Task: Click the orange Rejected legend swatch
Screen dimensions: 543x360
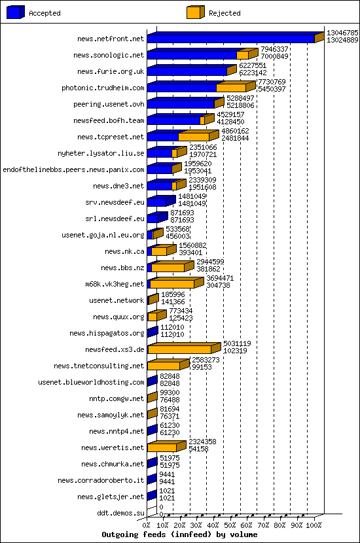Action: coord(194,12)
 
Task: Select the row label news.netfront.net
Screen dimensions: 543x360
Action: coord(110,39)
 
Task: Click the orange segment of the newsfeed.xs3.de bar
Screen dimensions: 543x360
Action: coord(180,350)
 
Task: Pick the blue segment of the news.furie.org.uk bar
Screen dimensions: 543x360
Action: coord(187,71)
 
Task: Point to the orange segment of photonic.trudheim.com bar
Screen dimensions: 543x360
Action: coord(230,88)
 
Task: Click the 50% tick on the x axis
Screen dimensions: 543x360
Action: coord(230,525)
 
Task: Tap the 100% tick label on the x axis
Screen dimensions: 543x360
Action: coord(314,525)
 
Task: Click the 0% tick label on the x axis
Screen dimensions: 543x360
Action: coord(147,525)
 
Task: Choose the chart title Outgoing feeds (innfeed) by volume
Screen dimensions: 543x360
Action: coord(179,534)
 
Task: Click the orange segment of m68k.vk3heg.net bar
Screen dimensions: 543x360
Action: coord(171,285)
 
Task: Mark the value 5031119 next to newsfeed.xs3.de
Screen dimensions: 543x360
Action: coord(237,343)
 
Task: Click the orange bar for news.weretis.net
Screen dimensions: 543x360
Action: coord(162,447)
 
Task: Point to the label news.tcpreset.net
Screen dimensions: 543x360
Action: coord(110,137)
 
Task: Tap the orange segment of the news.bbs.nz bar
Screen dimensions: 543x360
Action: coord(168,268)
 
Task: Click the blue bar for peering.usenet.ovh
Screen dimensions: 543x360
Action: coord(181,104)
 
